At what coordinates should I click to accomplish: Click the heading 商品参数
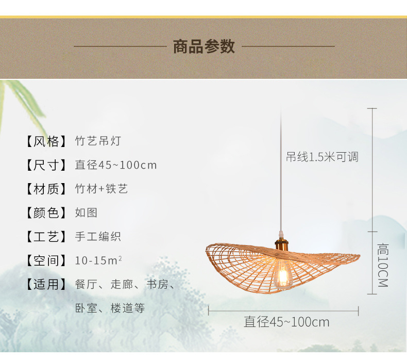click(203, 46)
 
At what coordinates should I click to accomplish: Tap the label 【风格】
click(46, 141)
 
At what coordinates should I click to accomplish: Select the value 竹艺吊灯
click(98, 141)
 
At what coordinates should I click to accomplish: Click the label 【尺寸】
click(46, 165)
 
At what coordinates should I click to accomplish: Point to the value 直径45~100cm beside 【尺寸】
click(115, 165)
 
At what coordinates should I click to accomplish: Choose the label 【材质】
click(46, 189)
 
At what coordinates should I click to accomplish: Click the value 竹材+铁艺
click(101, 189)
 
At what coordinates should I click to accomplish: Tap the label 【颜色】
click(46, 212)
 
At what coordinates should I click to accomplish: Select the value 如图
click(86, 212)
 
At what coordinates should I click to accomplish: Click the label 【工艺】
click(46, 237)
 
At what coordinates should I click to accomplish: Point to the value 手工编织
click(98, 237)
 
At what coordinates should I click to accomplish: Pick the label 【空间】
click(46, 260)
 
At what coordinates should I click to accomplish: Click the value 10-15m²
click(98, 260)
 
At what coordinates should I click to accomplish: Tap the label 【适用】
click(46, 284)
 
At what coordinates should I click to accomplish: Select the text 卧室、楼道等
click(110, 308)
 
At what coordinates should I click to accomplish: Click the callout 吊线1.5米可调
click(322, 157)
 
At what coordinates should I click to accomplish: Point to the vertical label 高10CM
click(382, 265)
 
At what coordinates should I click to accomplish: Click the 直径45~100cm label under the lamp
click(286, 322)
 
